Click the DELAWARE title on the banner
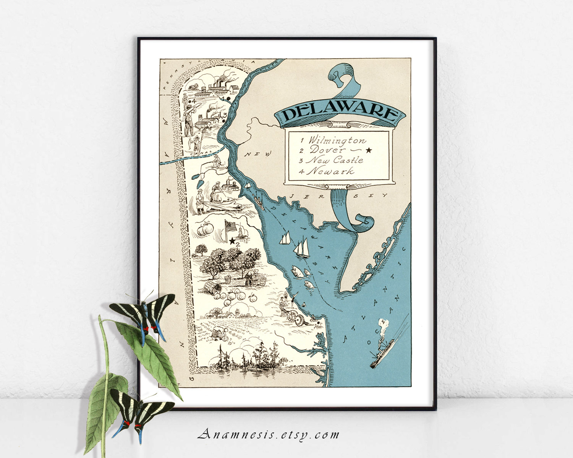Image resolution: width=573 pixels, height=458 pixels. click(339, 113)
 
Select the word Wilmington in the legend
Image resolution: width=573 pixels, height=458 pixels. click(337, 140)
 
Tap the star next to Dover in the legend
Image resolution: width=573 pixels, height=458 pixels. click(368, 150)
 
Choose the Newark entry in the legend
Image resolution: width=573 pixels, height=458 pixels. click(331, 171)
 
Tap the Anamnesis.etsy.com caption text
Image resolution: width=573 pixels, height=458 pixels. click(269, 434)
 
